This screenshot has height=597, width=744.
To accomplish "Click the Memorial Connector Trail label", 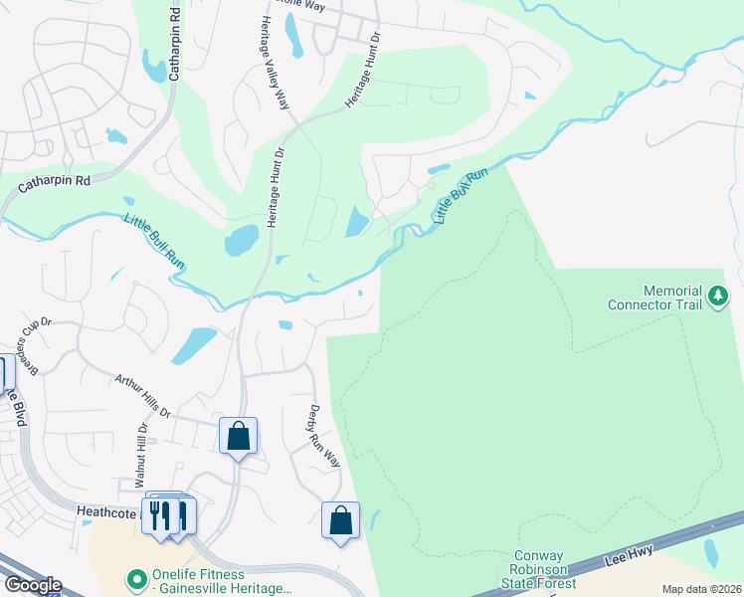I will [659, 298].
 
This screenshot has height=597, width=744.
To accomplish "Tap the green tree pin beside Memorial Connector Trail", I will [716, 297].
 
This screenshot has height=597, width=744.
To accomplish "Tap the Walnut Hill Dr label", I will [142, 455].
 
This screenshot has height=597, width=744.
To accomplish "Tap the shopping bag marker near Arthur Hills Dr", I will [239, 436].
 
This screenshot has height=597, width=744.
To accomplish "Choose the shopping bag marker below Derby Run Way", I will [341, 520].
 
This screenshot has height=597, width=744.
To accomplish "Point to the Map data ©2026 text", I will [701, 589].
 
